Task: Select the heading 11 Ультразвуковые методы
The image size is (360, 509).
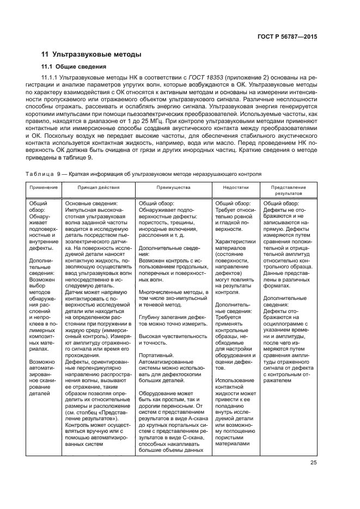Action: pyautogui.click(x=91, y=54)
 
